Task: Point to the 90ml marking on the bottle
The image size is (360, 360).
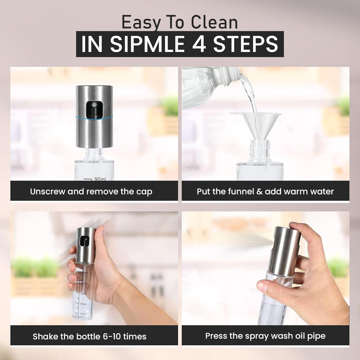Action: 100,179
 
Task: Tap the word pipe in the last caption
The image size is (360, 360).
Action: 316,336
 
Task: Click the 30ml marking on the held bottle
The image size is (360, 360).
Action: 83,304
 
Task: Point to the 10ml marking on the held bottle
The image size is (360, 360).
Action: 83,314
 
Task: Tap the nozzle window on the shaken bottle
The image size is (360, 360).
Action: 84,241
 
